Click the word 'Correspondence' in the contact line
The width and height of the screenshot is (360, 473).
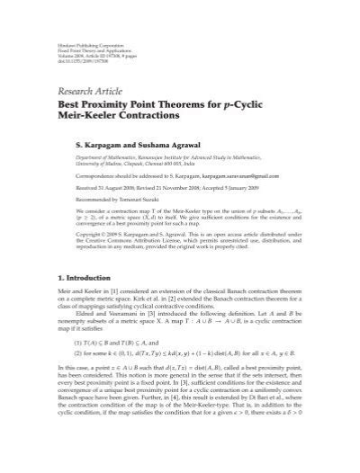click(x=98, y=178)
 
